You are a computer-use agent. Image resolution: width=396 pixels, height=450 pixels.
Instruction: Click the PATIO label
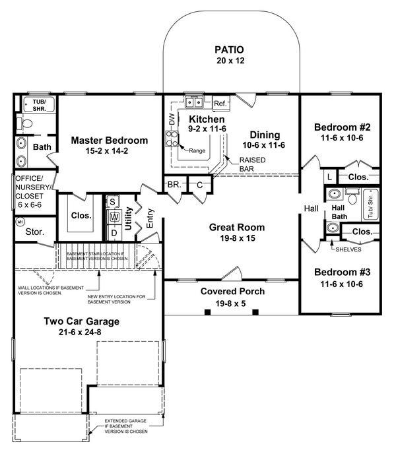pos(229,49)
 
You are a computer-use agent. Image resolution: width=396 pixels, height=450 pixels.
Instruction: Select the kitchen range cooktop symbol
pos(174,138)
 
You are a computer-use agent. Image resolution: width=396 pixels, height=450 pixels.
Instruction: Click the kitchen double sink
pos(194,102)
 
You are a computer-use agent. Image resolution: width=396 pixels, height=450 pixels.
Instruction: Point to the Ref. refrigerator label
pos(220,104)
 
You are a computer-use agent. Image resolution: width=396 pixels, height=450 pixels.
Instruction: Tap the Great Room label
pos(232,227)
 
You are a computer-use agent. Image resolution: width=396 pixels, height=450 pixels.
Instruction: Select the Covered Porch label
pos(232,291)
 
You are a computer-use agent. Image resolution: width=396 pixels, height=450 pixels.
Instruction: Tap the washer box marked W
pos(114,216)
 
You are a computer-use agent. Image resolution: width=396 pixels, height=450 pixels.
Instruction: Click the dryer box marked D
pos(114,232)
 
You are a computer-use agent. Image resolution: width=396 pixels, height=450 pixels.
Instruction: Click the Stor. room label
pos(34,232)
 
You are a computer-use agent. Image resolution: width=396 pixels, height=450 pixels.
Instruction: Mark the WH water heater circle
pos(20,222)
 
